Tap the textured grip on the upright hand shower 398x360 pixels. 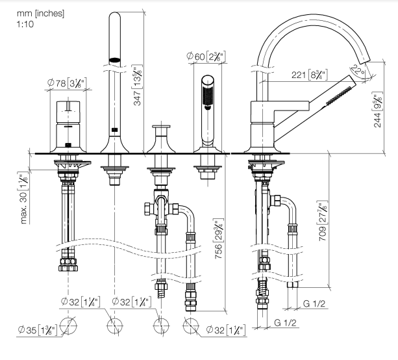pyautogui.click(x=207, y=99)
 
